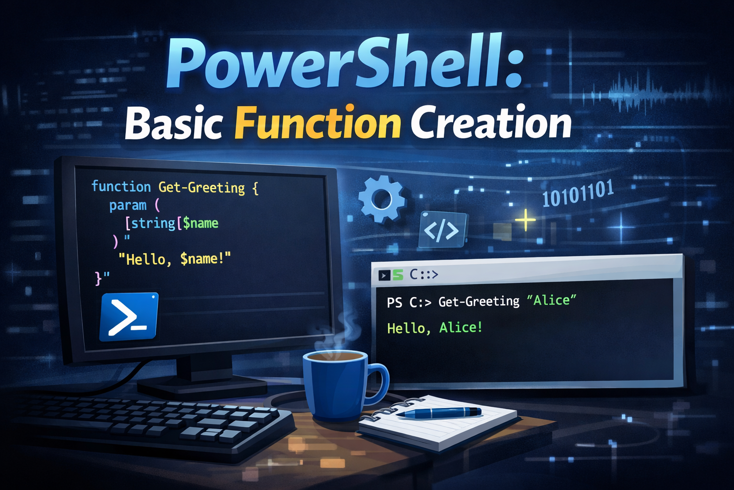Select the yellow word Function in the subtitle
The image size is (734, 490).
click(317, 123)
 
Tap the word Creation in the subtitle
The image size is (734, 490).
click(491, 123)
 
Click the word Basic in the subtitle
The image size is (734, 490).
click(174, 123)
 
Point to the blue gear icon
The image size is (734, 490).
click(381, 199)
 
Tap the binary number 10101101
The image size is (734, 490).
click(578, 194)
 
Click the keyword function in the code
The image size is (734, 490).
click(121, 186)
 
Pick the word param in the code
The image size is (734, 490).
click(128, 205)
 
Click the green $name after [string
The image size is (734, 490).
click(200, 223)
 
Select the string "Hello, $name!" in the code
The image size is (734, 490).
click(174, 259)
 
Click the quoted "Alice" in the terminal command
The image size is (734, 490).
click(551, 301)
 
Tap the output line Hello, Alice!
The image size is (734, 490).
click(434, 328)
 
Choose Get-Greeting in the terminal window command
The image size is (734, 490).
click(479, 301)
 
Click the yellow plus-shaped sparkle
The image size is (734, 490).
click(525, 221)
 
